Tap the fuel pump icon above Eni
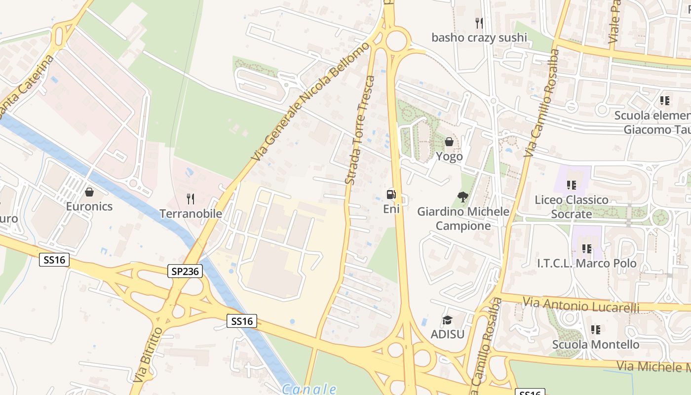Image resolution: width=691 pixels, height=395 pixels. [391, 195]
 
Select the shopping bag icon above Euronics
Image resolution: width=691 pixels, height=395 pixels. [89, 192]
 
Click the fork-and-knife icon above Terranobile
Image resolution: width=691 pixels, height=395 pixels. [191, 199]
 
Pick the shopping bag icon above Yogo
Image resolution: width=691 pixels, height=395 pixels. [449, 142]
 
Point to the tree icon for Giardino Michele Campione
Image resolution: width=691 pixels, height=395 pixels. [463, 197]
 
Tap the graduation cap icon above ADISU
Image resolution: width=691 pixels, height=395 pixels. [448, 320]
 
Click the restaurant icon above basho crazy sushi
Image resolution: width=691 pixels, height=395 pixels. [479, 23]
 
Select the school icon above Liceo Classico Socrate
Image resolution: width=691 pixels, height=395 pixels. [572, 185]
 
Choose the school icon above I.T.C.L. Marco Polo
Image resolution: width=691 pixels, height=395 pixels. [586, 249]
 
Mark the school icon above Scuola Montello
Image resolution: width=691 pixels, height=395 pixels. [596, 330]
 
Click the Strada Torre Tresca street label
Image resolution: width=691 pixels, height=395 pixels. [359, 130]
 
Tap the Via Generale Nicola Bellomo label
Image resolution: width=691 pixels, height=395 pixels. [310, 101]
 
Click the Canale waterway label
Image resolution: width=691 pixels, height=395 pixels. [309, 389]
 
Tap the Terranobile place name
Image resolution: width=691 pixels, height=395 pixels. [191, 214]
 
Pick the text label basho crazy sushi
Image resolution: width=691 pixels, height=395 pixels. [479, 38]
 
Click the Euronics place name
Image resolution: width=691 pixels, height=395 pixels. [89, 206]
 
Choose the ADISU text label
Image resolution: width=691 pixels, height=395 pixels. [448, 334]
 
